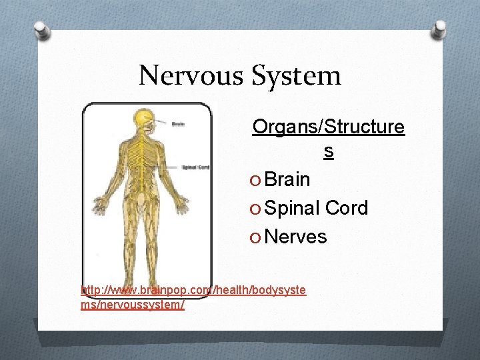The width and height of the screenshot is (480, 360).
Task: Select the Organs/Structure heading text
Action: point(328,127)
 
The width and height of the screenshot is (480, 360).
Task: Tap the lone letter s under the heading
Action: point(328,152)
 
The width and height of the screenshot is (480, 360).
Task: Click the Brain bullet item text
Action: point(287,179)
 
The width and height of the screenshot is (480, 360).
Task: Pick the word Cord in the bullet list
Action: point(347,208)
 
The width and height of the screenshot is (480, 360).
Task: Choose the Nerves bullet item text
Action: point(296,237)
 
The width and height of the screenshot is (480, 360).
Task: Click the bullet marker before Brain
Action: point(257,180)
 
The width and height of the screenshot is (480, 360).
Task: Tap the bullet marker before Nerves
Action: point(257,237)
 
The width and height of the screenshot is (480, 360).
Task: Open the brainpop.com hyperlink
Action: point(193,297)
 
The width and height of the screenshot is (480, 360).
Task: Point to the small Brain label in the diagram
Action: point(179,124)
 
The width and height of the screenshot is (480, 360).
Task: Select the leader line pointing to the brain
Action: point(161,124)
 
